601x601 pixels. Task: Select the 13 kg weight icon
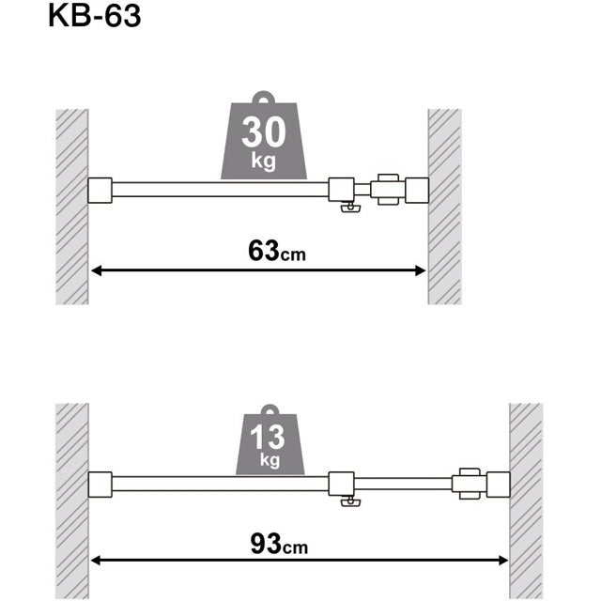tap(270, 442)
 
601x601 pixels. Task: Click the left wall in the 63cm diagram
tap(71, 207)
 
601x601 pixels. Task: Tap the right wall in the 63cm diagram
tap(445, 207)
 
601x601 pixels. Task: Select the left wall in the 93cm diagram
tap(71, 498)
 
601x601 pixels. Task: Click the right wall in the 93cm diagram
tap(526, 498)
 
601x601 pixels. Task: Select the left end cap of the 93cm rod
tap(100, 485)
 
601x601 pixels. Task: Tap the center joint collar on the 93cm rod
tap(342, 485)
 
